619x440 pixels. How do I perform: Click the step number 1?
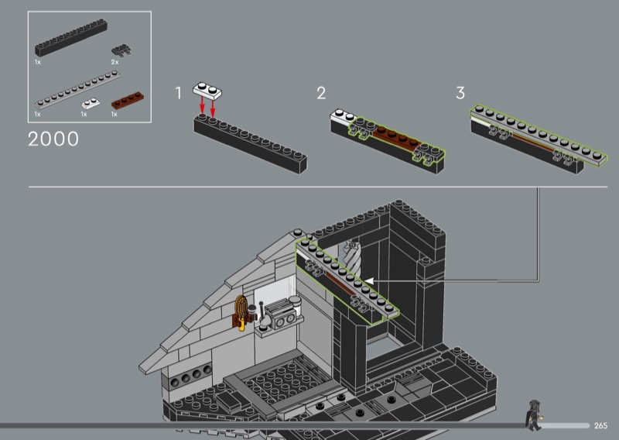pos(179,93)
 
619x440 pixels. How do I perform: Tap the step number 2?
pos(321,93)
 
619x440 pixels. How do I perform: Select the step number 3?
pos(460,93)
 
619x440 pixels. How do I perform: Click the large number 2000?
pos(53,139)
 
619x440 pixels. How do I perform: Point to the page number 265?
pos(600,425)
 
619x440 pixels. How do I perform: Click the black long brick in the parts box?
pos(71,38)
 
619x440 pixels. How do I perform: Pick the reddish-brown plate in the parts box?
pos(128,101)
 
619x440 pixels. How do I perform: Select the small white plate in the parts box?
pos(91,103)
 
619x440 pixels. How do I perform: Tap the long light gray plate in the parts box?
pos(77,89)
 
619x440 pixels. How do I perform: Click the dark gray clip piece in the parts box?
pos(121,50)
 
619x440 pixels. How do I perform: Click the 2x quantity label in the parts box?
pos(115,62)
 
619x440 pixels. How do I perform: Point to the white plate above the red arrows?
pos(207,91)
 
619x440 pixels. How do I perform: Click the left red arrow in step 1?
pos(202,105)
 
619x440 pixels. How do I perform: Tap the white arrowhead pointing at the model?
pos(369,280)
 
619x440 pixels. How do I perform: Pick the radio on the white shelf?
pos(280,313)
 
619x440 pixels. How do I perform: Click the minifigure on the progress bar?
pos(534,415)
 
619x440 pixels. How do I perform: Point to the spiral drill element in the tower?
pos(353,258)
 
